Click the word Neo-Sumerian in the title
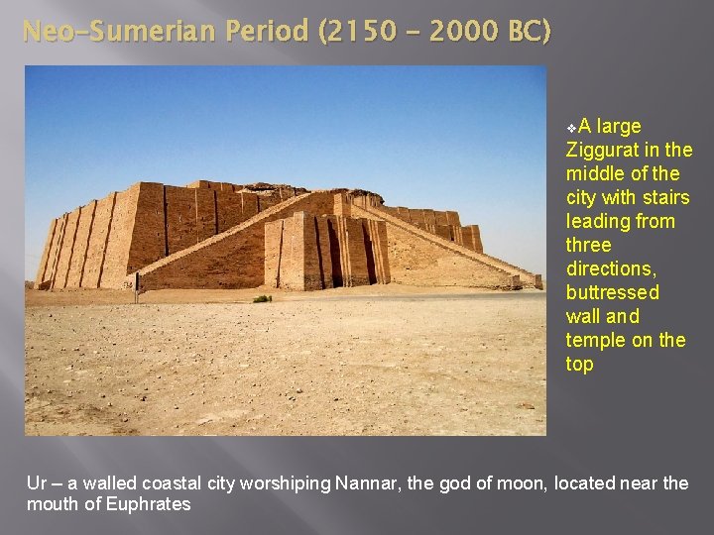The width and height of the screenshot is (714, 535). click(116, 32)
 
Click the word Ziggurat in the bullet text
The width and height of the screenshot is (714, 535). click(605, 150)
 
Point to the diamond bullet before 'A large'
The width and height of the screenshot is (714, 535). click(571, 128)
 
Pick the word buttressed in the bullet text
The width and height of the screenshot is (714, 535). click(613, 292)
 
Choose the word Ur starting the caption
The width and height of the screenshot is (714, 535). click(37, 483)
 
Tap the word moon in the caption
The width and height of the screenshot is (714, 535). click(524, 483)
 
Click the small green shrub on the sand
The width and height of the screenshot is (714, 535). click(262, 298)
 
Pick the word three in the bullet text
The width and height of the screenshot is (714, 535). click(589, 245)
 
